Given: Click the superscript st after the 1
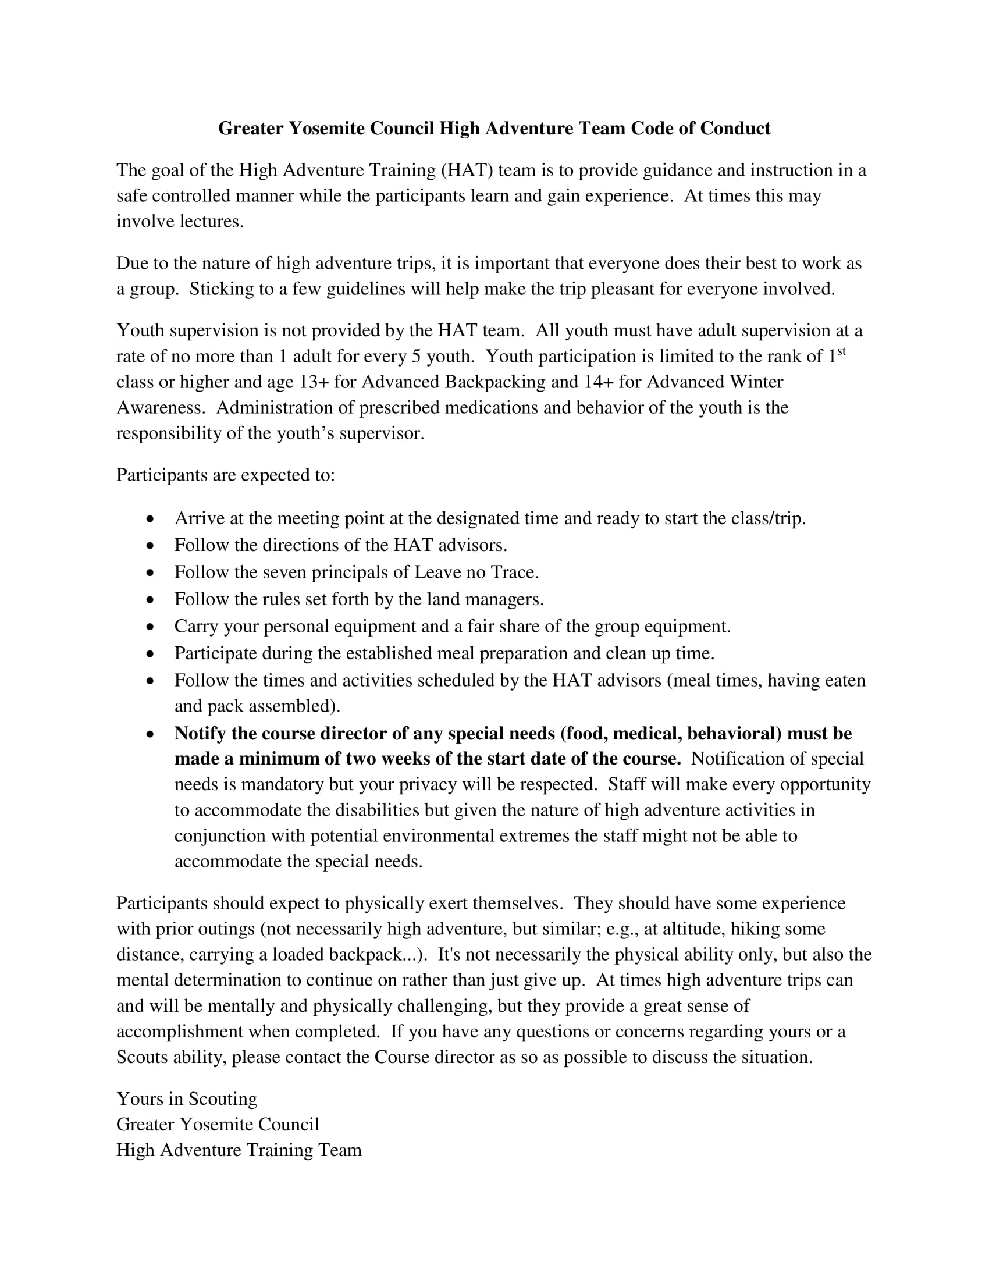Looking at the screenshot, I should (841, 351).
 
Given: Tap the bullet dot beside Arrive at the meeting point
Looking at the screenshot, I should (151, 519).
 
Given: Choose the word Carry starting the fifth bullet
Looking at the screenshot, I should (196, 627).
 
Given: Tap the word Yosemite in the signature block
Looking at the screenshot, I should (216, 1125).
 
